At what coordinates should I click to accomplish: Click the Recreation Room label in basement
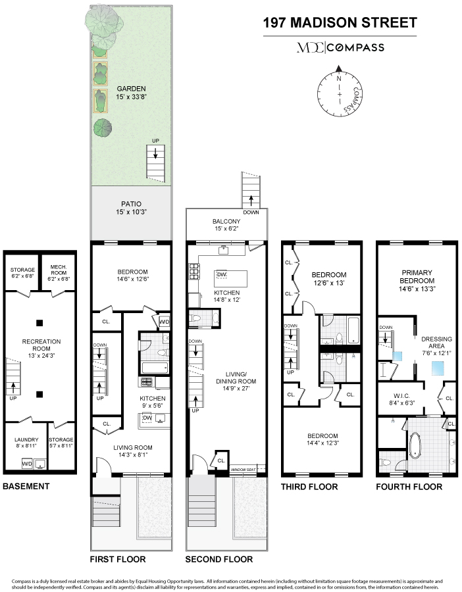coord(41,345)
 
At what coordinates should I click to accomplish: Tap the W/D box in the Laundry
coord(26,464)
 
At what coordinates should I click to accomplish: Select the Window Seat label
coord(246,470)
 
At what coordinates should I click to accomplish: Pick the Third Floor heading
coord(309,487)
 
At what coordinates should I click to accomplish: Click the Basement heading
coord(26,486)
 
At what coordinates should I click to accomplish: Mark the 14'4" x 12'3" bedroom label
coord(321,440)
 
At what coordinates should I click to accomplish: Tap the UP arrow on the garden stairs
coord(155,151)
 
